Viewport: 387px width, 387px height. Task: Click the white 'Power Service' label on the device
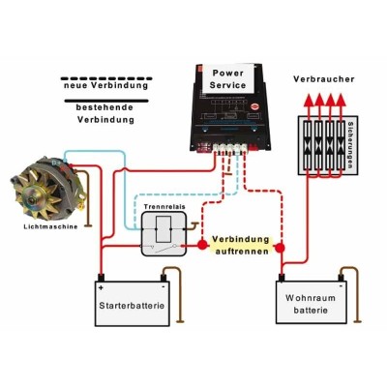point(229,77)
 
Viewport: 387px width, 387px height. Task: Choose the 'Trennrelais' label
point(159,206)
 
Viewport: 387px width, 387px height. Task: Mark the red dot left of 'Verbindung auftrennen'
point(203,246)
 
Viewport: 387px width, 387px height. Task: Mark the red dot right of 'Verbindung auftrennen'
point(282,247)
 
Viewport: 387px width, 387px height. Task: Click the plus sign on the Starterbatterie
point(102,287)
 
